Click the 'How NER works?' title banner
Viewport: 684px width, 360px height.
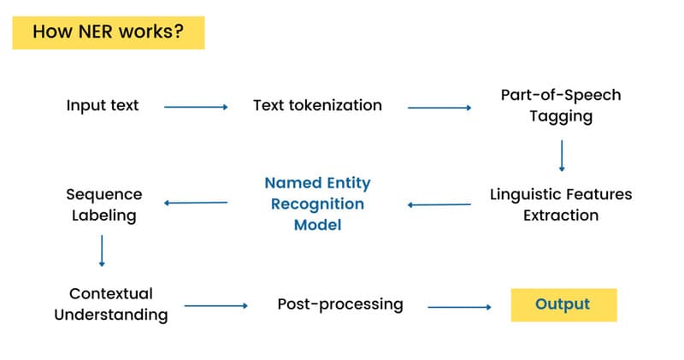pyautogui.click(x=108, y=32)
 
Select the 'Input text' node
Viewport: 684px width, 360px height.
pyautogui.click(x=103, y=106)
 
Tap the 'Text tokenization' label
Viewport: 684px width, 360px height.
pyautogui.click(x=317, y=106)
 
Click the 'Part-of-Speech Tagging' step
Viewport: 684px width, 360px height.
pyautogui.click(x=560, y=106)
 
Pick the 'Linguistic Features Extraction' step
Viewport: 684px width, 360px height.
pyautogui.click(x=561, y=204)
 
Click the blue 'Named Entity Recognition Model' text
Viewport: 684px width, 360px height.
pyautogui.click(x=317, y=204)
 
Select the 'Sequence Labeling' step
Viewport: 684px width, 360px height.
pyautogui.click(x=103, y=205)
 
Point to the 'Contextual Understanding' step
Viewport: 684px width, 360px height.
pyautogui.click(x=110, y=304)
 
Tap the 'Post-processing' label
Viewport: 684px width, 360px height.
pyautogui.click(x=340, y=304)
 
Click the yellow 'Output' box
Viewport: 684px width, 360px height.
pyautogui.click(x=563, y=304)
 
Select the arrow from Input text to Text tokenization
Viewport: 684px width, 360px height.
pyautogui.click(x=196, y=107)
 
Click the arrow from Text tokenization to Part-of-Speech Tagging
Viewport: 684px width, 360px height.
pyautogui.click(x=439, y=108)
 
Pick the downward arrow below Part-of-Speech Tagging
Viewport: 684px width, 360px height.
pyautogui.click(x=562, y=156)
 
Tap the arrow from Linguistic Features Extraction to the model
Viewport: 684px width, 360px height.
pyautogui.click(x=439, y=204)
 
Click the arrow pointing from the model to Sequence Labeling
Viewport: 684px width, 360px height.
pyautogui.click(x=196, y=203)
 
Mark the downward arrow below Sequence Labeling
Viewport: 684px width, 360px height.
pyautogui.click(x=102, y=251)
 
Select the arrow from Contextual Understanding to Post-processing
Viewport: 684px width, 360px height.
pyautogui.click(x=215, y=305)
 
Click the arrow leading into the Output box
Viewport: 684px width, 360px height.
pyautogui.click(x=460, y=305)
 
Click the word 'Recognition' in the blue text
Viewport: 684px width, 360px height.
pyautogui.click(x=317, y=204)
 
